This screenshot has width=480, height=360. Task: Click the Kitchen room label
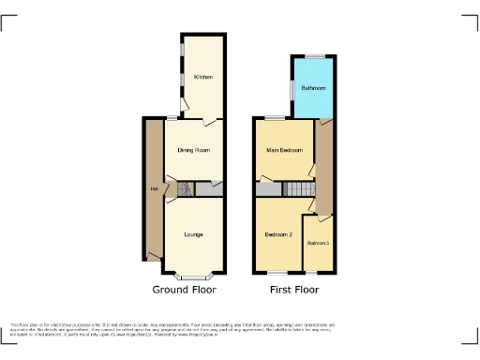click(x=202, y=77)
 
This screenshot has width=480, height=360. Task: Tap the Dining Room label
click(x=193, y=150)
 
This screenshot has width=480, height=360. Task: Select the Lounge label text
click(x=194, y=233)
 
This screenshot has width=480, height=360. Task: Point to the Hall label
click(x=152, y=190)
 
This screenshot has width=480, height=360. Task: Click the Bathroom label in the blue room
click(x=313, y=88)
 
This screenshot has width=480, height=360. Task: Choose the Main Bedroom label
click(x=284, y=150)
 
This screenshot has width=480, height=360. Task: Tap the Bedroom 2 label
click(x=278, y=233)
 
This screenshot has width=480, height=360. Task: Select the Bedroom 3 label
click(x=319, y=244)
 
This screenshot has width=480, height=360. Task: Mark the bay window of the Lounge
click(x=195, y=277)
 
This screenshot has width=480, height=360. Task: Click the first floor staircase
click(x=297, y=190)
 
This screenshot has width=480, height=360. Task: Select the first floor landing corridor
click(x=324, y=169)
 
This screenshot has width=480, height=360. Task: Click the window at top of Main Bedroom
click(x=276, y=118)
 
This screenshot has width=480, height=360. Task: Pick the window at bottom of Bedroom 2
click(x=278, y=273)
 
